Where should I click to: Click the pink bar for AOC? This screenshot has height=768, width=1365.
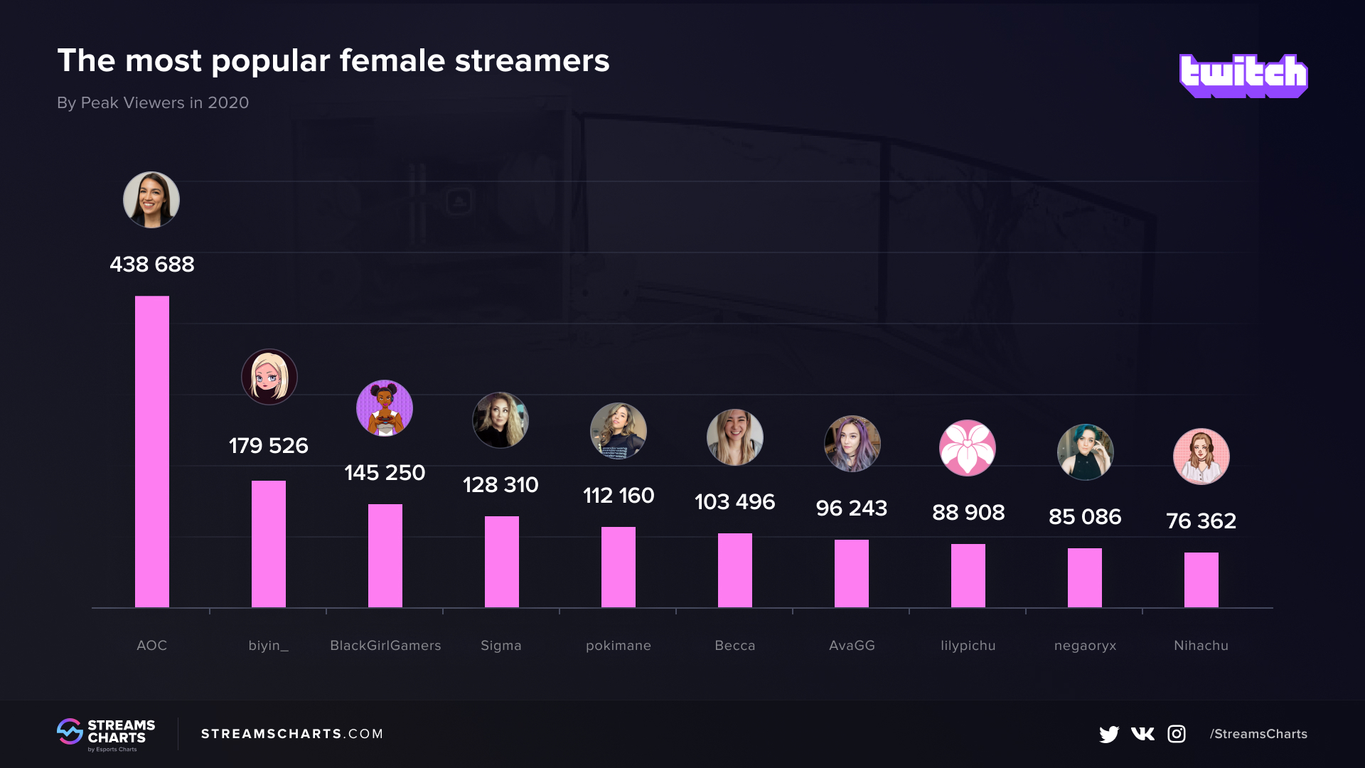152,452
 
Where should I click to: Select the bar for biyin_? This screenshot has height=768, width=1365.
269,544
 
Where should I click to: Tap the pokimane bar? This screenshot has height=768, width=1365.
619,567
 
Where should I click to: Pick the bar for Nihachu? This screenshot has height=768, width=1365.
1201,580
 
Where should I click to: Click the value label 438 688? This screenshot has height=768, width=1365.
152,265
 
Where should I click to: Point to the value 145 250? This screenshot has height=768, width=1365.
385,473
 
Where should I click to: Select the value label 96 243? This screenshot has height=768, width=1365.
852,508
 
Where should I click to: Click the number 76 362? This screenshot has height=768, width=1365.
1201,521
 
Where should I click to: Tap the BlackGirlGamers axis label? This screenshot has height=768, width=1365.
385,646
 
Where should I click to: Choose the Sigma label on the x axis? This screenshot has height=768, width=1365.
501,646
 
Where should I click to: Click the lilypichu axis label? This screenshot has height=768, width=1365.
968,646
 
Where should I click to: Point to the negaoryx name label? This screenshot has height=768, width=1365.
1085,646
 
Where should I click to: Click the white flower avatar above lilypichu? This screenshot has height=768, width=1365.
968,448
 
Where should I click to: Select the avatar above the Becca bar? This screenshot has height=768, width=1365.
735,437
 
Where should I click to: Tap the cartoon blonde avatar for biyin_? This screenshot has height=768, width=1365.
269,377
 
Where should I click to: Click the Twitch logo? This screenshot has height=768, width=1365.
1243,75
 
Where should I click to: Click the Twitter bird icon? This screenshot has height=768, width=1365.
1109,734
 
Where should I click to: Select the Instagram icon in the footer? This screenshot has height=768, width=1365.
1177,734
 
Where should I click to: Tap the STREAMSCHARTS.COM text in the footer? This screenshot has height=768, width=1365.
292,734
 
